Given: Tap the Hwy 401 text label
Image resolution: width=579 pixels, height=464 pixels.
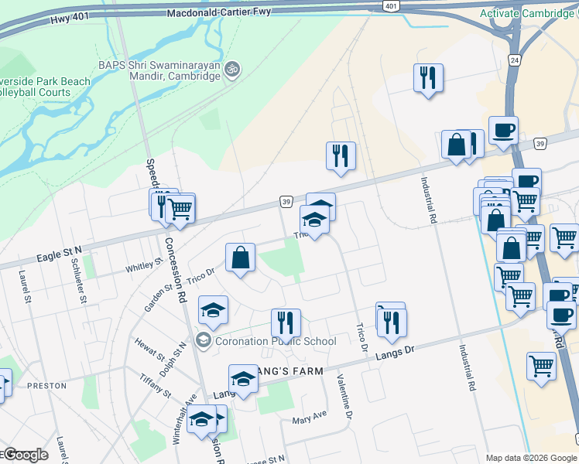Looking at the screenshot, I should [x=70, y=21].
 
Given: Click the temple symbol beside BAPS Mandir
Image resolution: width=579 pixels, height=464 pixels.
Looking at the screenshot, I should [x=231, y=70].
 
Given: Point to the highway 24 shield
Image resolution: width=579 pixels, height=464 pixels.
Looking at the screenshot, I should [x=515, y=60].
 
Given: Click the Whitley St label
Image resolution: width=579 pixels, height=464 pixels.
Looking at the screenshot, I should [x=145, y=266].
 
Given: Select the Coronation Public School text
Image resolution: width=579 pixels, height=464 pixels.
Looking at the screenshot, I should [x=276, y=341].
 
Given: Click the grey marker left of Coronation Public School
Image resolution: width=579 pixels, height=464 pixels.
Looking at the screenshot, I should [x=204, y=339].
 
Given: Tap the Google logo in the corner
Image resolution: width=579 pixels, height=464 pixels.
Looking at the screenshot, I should [x=26, y=455].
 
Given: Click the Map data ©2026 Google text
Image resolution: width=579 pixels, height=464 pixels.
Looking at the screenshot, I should [x=531, y=458].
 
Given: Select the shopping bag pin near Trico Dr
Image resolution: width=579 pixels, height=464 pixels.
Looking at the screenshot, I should [x=241, y=258].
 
